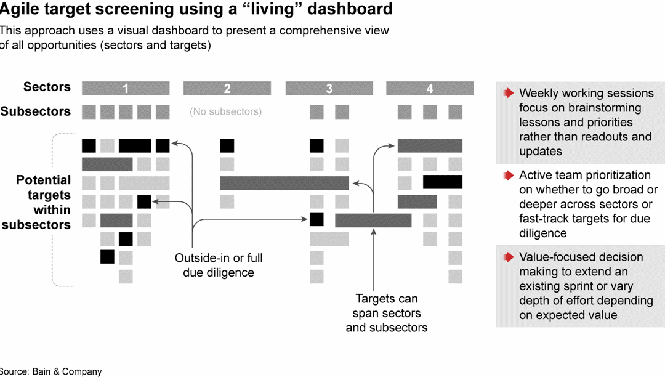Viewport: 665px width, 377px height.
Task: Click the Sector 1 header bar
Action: coord(126,89)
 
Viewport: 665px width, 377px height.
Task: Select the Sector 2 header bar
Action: coord(227,89)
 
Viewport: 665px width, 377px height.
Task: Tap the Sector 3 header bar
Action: coord(329,89)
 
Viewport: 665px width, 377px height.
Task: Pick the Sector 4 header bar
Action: coord(430,89)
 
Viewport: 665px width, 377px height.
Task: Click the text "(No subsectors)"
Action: coord(225,112)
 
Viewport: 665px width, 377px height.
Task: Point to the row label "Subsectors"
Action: coord(36,111)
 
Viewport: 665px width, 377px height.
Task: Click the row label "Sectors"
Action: coord(47,87)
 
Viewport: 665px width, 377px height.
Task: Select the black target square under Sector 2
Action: coord(227,145)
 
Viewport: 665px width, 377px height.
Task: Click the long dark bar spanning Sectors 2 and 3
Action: coord(284,183)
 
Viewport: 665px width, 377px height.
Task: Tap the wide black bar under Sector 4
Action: coord(442,182)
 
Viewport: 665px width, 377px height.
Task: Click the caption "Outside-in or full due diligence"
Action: coord(219,265)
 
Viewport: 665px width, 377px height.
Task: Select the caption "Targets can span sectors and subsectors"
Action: coord(387,313)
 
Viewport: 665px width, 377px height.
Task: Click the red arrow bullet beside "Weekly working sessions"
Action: coord(508,93)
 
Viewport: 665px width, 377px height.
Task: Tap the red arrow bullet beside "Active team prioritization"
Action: coord(508,176)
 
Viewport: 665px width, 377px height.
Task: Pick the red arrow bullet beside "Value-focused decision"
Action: coord(508,257)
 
